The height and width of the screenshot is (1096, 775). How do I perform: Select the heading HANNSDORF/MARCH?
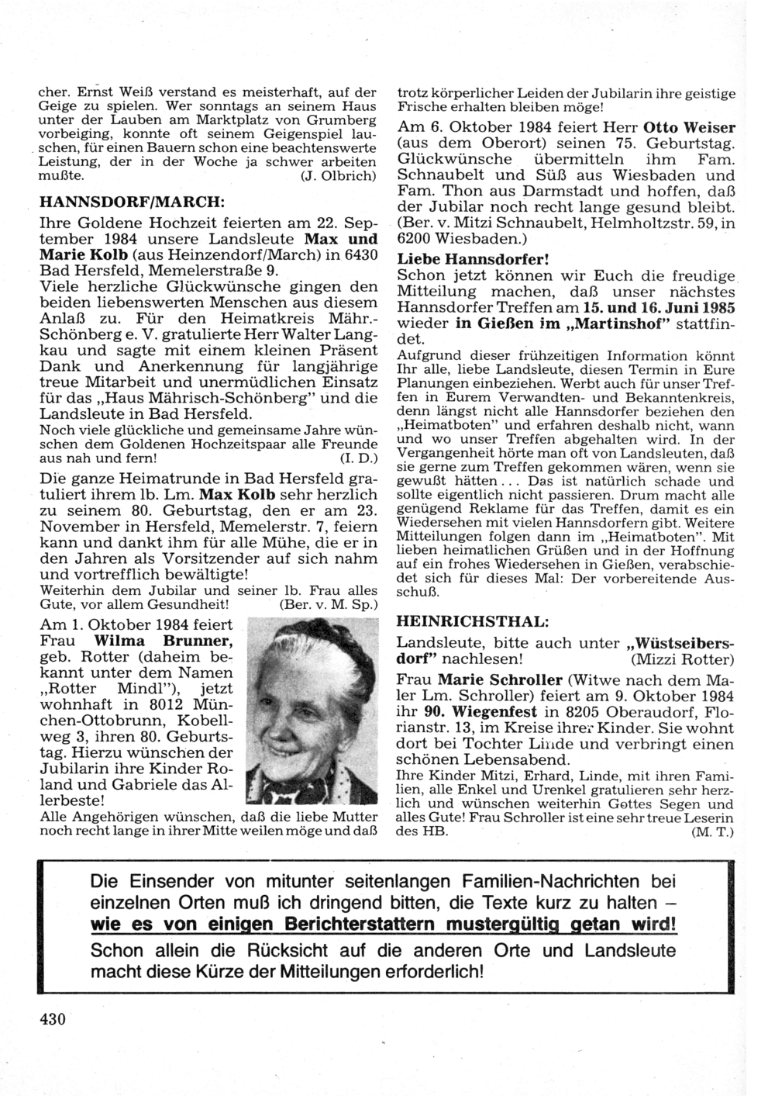[x=132, y=202]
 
